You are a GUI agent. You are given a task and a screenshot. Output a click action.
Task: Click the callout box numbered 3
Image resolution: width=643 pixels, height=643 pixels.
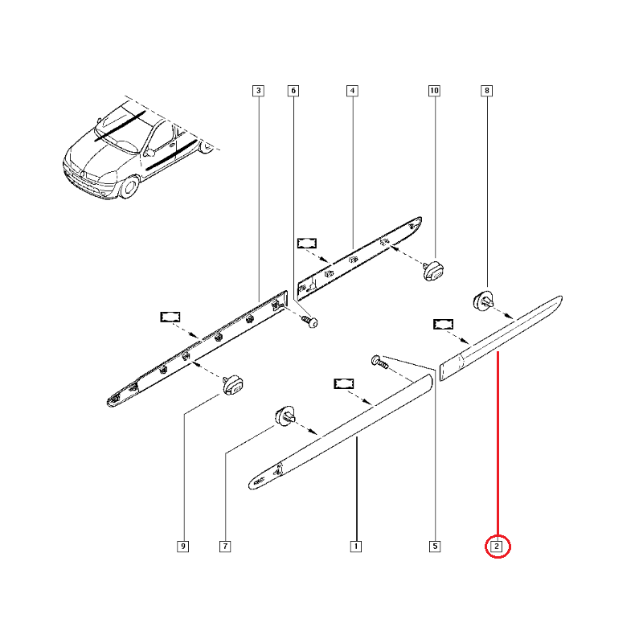coord(258,91)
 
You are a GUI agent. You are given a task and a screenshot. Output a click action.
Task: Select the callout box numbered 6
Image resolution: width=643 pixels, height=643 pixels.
coord(293,91)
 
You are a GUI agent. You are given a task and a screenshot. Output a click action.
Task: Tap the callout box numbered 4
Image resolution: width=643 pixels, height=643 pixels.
coord(352,91)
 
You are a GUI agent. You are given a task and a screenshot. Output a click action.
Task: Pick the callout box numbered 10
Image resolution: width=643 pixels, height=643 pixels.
coord(434,91)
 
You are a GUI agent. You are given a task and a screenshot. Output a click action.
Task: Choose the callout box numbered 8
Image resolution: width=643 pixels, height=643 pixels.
coord(487,91)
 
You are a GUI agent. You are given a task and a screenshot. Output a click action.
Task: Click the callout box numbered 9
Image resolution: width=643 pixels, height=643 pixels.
coord(183,547)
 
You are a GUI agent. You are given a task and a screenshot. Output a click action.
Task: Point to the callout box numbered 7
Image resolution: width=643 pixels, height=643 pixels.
coord(225,547)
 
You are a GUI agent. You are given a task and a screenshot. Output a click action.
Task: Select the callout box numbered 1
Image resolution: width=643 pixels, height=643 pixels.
coord(356,547)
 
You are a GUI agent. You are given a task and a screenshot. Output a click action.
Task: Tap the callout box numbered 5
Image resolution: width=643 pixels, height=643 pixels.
coord(435,547)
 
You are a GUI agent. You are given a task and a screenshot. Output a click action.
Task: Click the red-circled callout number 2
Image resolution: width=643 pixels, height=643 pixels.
coord(497,547)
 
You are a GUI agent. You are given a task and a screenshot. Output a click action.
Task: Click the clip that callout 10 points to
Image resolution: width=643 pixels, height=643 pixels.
coord(433,270)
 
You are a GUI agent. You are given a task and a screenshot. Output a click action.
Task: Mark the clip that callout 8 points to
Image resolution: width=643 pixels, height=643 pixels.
coord(484,301)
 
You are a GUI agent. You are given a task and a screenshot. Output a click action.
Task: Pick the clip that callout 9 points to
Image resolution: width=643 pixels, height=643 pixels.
coord(232,385)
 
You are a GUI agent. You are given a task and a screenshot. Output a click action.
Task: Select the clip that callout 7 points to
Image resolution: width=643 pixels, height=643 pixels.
coord(285,416)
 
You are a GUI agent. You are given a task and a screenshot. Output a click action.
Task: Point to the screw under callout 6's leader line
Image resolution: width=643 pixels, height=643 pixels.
coord(309,321)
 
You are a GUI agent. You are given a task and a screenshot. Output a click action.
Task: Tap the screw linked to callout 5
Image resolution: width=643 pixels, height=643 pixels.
coord(379,362)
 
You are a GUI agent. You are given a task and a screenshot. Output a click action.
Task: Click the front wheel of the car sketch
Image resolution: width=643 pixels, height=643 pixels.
coord(129,186)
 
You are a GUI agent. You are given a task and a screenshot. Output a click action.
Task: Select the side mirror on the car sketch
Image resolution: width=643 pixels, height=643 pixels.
coord(149,153)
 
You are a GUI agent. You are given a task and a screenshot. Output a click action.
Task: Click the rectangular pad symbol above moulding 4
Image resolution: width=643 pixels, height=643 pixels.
coord(307,244)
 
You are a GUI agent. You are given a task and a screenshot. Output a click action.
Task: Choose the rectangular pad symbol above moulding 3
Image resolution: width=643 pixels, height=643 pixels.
coord(170,317)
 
